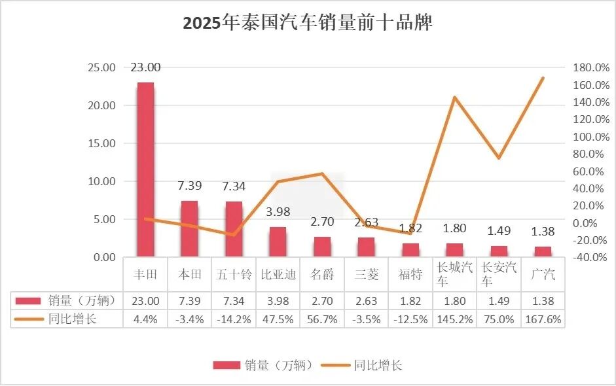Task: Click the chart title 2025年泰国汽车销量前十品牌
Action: coord(308,24)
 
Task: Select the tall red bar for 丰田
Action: coord(145,170)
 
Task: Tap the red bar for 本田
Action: coord(189,229)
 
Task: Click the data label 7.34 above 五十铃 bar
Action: coord(234,186)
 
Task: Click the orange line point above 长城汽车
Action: coord(454,97)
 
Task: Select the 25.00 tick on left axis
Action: coord(101,67)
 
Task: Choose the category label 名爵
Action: coord(322,275)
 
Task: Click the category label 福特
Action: coord(410,275)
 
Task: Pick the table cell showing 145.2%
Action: coord(454,320)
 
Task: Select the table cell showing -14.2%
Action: coord(234,320)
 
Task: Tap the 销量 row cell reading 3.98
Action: coord(278,301)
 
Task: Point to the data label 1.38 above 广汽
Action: coord(543,232)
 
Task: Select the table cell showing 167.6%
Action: coord(543,320)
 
